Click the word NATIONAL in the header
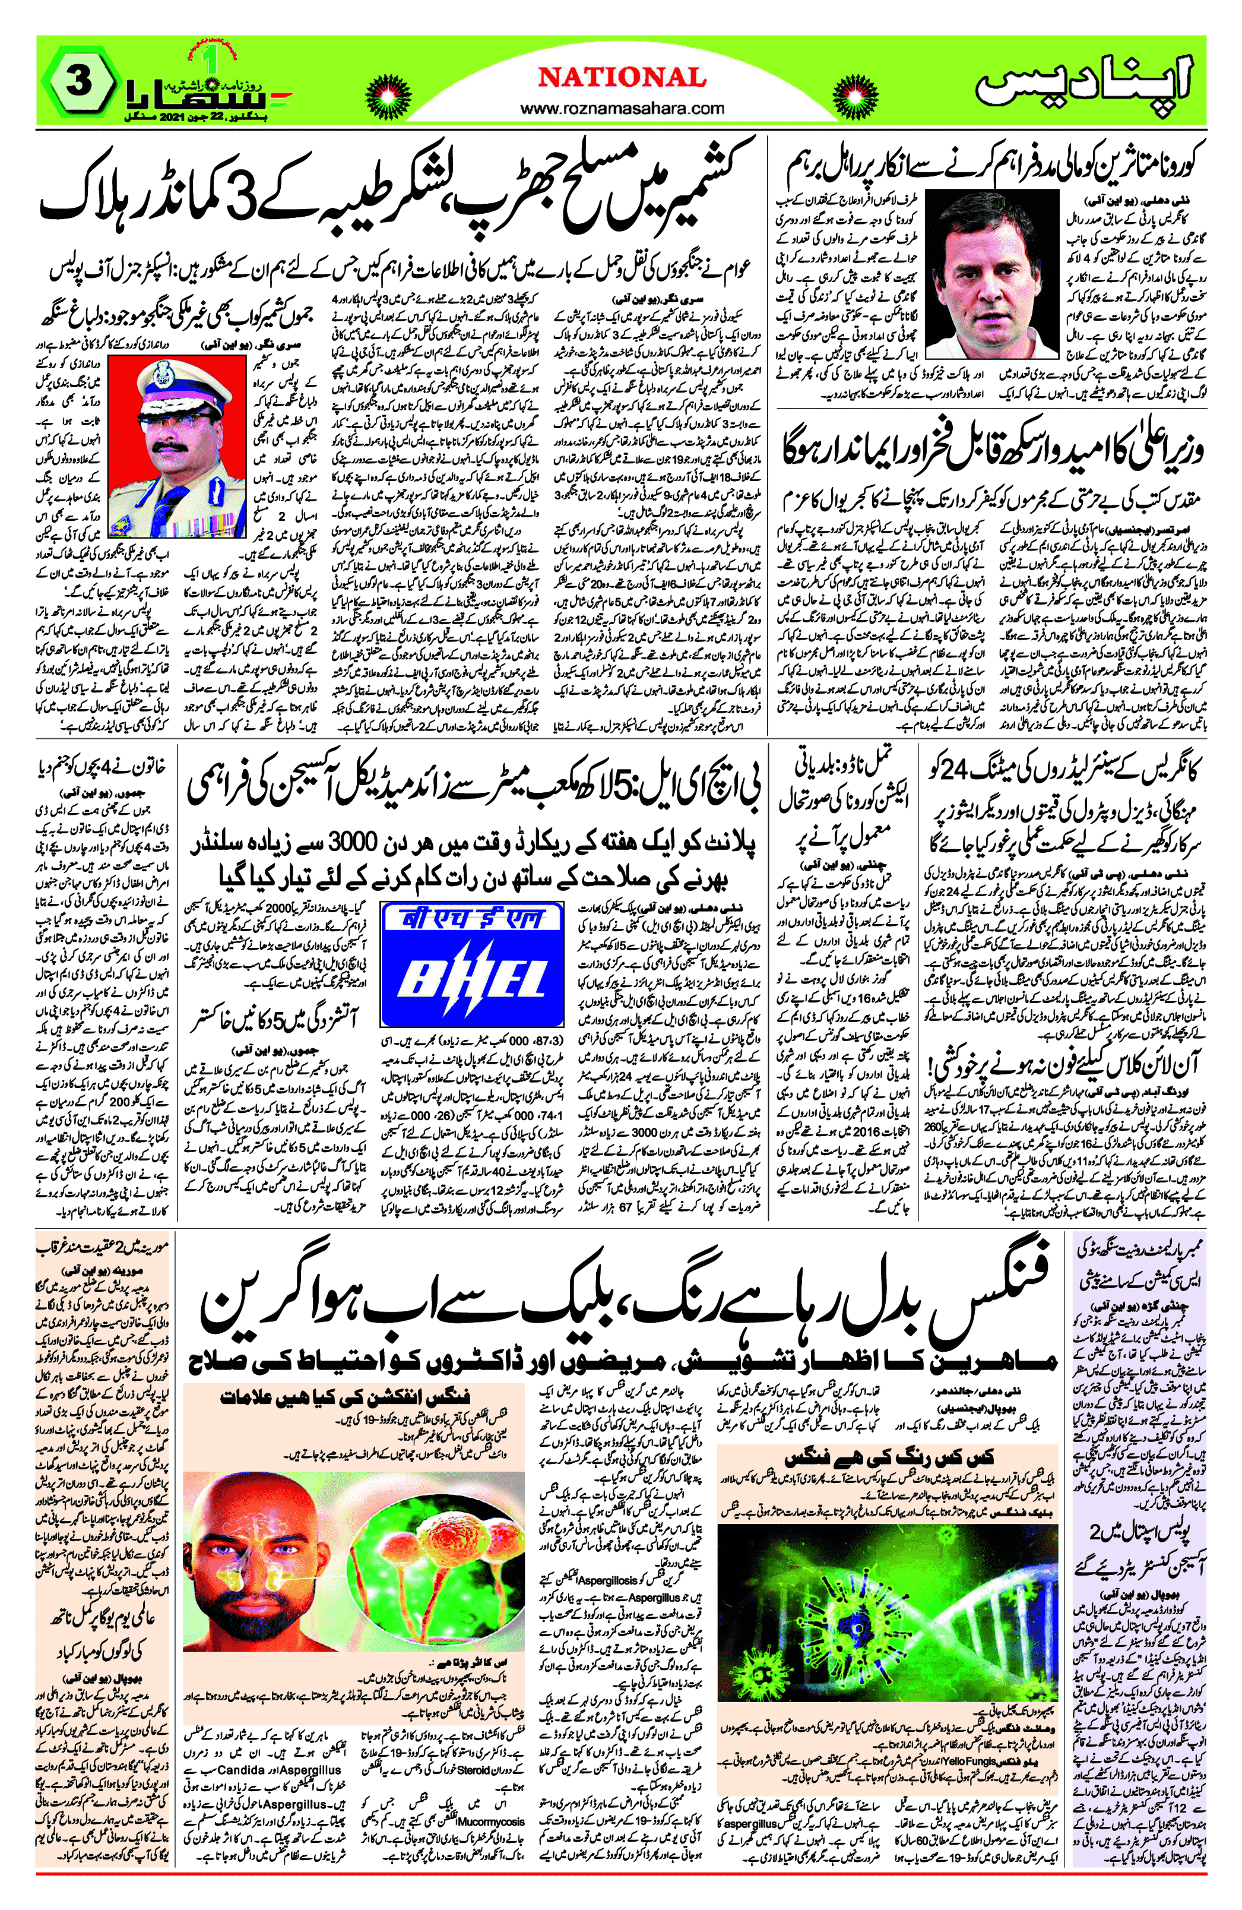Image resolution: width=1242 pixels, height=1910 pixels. tap(622, 78)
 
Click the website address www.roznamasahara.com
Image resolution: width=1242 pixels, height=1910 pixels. tap(622, 108)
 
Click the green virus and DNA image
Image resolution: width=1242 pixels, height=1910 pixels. tap(886, 1597)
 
